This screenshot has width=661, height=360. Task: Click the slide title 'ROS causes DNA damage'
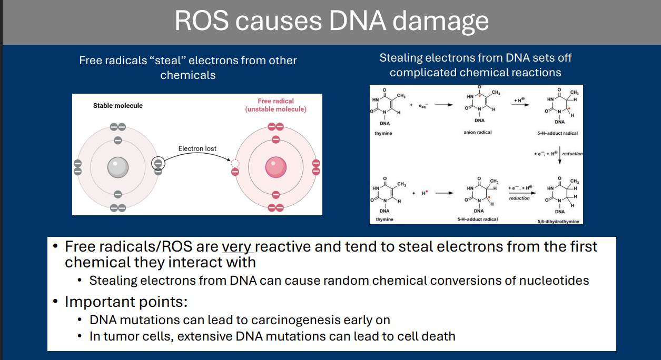331,21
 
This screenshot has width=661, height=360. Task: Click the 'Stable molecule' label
118,105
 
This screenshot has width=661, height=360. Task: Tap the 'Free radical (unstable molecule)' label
275,105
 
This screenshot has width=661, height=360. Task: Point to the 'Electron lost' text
198,148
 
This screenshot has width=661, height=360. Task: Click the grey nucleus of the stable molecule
118,167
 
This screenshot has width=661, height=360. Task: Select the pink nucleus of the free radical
275,167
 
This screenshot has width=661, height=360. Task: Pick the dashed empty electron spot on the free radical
235,163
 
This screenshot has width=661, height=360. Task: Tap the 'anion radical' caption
478,133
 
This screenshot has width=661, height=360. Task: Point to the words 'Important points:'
126,302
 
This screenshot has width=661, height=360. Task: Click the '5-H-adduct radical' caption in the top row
558,134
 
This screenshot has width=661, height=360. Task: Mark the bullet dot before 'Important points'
55,302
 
